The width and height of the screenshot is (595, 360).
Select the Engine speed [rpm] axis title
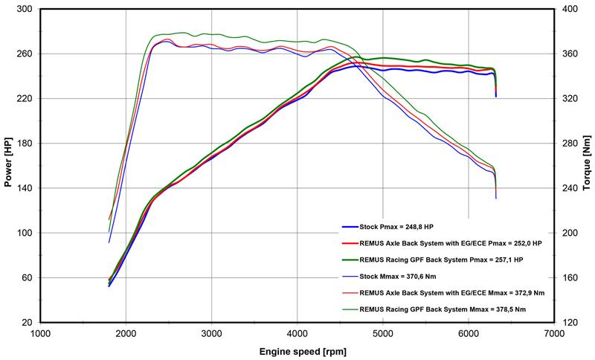(x=297, y=350)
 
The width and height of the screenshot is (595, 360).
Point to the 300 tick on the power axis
(x=25, y=10)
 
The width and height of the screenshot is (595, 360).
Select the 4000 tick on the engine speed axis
(x=297, y=333)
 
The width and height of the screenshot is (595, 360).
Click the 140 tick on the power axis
(x=25, y=188)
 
